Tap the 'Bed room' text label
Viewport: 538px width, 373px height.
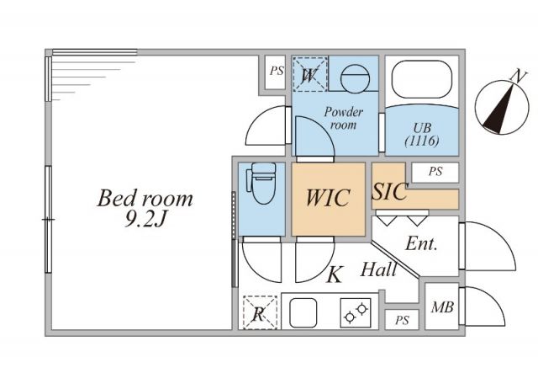pyautogui.click(x=145, y=200)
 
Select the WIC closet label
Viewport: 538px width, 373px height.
pyautogui.click(x=329, y=200)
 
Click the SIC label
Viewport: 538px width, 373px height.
pyautogui.click(x=389, y=192)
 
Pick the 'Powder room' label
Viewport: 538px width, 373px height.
pyautogui.click(x=343, y=118)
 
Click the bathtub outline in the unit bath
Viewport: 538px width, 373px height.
pyautogui.click(x=421, y=81)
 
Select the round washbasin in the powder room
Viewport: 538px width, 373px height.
pyautogui.click(x=354, y=77)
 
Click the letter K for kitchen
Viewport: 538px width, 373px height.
pyautogui.click(x=334, y=274)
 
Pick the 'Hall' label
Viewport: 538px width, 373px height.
pyautogui.click(x=379, y=271)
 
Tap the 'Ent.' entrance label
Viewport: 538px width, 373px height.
pyautogui.click(x=421, y=244)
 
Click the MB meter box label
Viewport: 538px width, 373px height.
pyautogui.click(x=442, y=308)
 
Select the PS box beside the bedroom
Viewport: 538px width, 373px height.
pyautogui.click(x=276, y=72)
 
